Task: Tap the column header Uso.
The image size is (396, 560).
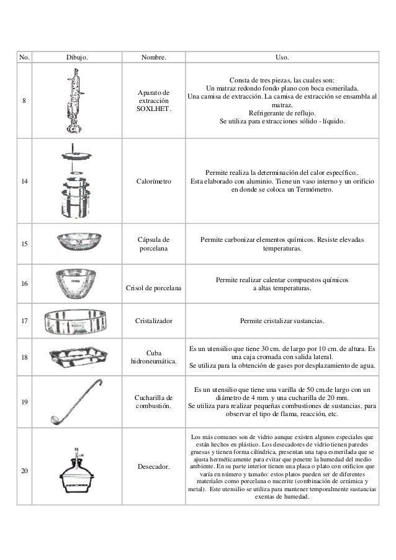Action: point(282,58)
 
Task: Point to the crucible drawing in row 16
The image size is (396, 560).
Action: point(78,282)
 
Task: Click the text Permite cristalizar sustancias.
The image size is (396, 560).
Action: point(282,321)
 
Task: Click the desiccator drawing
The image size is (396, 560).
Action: point(79,473)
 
